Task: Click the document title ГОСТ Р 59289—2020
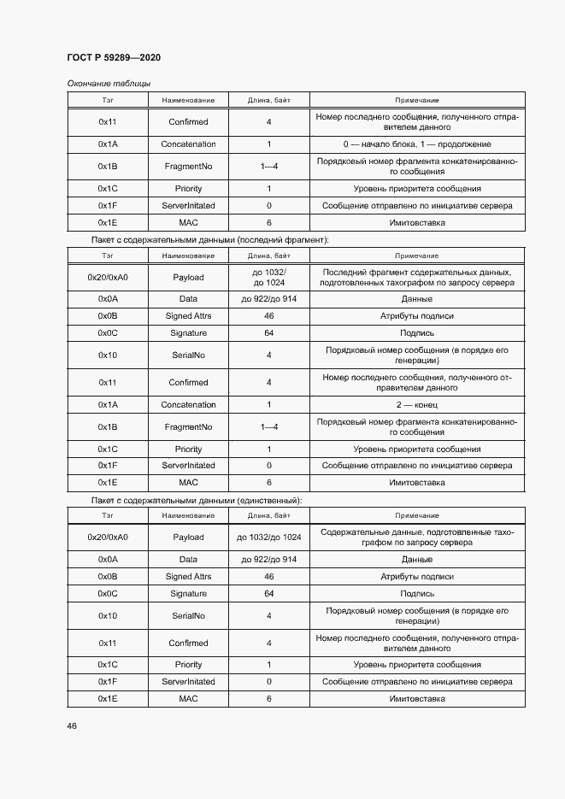click(114, 57)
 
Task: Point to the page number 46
click(72, 726)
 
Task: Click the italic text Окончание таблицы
click(109, 84)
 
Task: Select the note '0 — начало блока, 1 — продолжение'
click(417, 144)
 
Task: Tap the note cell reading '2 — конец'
click(417, 405)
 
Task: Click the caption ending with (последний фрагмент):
click(209, 240)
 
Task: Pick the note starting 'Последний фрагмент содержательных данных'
click(417, 277)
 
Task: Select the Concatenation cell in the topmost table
click(188, 144)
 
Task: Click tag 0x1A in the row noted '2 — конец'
click(108, 405)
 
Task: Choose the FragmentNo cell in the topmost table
click(188, 167)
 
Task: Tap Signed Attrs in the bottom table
click(188, 577)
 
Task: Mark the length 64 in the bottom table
click(268, 594)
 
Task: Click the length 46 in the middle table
click(268, 316)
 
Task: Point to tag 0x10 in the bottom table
click(108, 616)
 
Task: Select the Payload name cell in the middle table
click(188, 277)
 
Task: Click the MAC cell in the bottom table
click(188, 699)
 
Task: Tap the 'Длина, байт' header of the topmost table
click(268, 101)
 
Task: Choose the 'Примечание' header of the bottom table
click(417, 516)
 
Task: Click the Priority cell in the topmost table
click(188, 189)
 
